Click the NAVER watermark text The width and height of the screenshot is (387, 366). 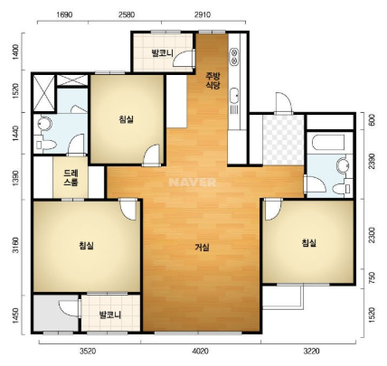pos(193,182)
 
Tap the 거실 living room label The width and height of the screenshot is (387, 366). pos(202,248)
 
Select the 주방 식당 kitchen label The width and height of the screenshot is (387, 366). pos(212,80)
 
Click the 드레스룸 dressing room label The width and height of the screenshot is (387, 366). pos(71,178)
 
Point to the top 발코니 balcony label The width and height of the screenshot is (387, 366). pos(163,53)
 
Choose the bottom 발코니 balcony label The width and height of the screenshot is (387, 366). pos(110,314)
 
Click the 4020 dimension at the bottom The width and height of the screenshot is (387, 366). pos(201,351)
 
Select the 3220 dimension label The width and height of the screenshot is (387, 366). pos(312,351)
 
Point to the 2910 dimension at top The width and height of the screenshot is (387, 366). pos(203,14)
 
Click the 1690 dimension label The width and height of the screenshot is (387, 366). pos(64,14)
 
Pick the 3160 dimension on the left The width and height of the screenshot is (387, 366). pos(15,246)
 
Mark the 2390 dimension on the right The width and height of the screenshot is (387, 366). pos(372,161)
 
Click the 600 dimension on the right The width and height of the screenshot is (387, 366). pos(372,120)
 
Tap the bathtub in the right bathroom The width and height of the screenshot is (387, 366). pos(328,142)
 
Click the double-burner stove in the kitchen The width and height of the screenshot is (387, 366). pos(233,57)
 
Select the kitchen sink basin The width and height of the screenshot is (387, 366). pos(234,96)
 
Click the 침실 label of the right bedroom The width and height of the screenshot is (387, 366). pos(309,242)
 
